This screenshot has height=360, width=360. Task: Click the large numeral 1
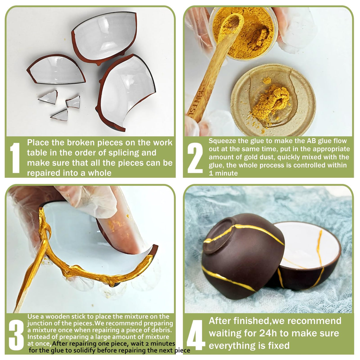click(15, 157)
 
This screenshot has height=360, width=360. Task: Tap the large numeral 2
click(195, 157)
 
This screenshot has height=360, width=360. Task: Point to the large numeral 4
click(196, 335)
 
